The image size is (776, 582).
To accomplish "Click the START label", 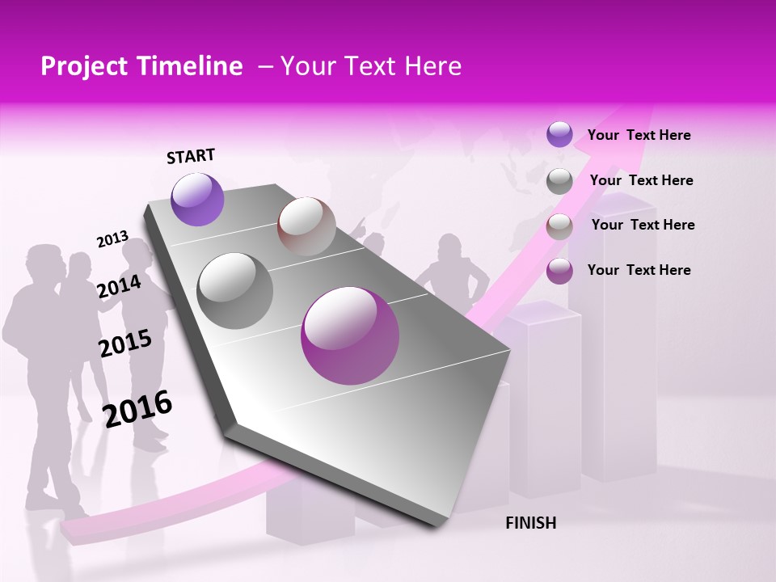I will point(191,156).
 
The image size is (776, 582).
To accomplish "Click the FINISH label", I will point(531,523).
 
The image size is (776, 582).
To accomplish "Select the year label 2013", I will point(112,239).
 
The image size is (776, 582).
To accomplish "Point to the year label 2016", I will point(137,409).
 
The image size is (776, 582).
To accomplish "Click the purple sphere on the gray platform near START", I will point(197,199).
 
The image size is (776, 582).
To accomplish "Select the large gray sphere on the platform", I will point(234,291).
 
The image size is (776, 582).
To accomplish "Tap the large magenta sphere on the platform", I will point(350,335).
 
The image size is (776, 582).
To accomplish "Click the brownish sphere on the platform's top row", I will point(306,226).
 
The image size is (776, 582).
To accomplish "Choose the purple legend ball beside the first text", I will point(559,135).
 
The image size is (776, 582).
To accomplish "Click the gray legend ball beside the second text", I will point(559,181).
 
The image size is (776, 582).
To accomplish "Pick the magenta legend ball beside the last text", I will point(559,271).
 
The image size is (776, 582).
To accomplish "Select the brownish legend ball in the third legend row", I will point(559,226).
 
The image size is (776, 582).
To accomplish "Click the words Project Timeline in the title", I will point(141,66).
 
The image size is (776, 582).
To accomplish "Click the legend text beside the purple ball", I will point(639,135).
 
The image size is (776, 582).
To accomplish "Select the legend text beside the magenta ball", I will point(639,270).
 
